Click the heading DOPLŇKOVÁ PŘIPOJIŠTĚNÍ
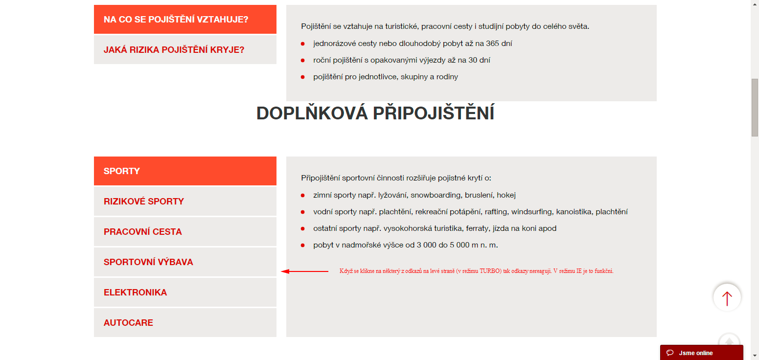pos(375,113)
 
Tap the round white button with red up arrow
pos(727,297)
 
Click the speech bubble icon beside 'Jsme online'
pos(670,353)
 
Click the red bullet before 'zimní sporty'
pos(303,196)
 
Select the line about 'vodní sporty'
pos(470,212)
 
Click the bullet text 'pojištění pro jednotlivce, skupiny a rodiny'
pos(386,77)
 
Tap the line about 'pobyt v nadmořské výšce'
pos(405,245)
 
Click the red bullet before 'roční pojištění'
pos(303,61)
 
